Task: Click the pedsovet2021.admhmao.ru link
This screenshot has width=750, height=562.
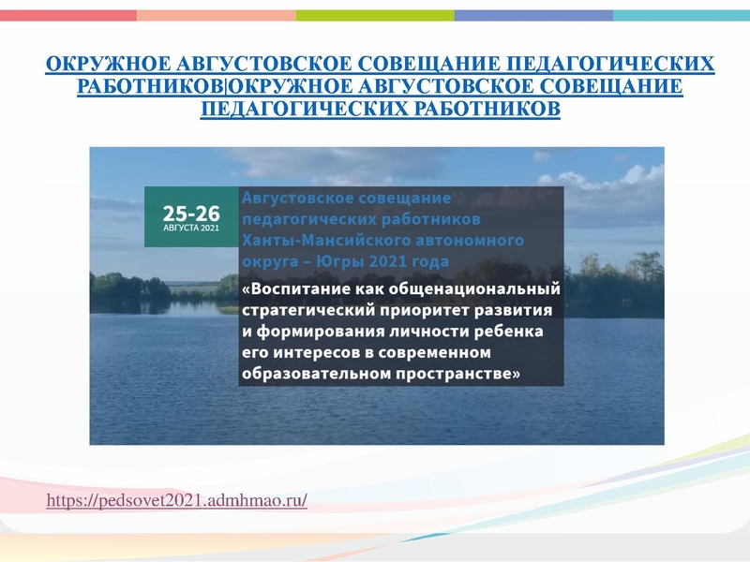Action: pos(177,502)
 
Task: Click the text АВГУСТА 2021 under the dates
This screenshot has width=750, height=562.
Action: pos(191,228)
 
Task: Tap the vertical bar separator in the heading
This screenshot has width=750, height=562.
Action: pos(226,87)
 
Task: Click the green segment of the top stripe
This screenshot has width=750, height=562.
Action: pos(375,16)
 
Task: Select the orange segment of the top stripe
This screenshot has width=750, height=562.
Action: pos(216,16)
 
